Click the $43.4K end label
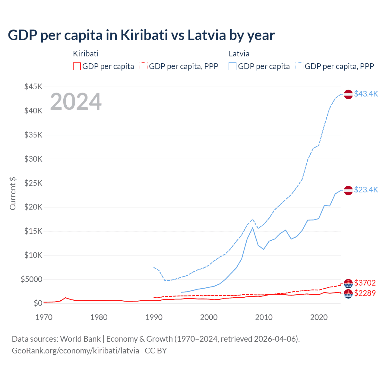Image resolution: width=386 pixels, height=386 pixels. (x=366, y=94)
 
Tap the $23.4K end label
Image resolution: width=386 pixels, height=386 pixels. (x=366, y=190)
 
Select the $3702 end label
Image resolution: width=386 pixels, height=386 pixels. (x=365, y=283)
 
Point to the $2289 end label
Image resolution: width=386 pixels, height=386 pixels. (x=365, y=293)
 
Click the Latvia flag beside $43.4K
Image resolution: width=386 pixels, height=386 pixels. (x=348, y=94)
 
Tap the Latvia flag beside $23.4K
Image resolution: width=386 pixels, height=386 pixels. (x=348, y=190)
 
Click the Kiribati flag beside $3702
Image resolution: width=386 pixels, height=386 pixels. (x=348, y=283)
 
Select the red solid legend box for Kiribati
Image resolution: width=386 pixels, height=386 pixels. (x=77, y=66)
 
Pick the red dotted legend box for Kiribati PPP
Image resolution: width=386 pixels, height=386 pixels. (x=144, y=66)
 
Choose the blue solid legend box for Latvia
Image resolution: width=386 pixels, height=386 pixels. (x=233, y=66)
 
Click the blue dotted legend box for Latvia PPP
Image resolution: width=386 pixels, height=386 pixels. (x=299, y=66)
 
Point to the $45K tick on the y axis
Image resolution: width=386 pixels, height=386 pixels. (x=33, y=87)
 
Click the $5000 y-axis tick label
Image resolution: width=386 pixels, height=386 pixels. (x=31, y=279)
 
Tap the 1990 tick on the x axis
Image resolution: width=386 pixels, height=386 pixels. (x=154, y=317)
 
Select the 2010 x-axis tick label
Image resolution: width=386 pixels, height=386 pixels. (x=264, y=317)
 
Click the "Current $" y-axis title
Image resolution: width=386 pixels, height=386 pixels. (x=13, y=194)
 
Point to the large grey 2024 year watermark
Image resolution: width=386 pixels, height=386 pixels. (x=76, y=102)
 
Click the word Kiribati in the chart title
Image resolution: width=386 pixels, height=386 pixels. (x=144, y=35)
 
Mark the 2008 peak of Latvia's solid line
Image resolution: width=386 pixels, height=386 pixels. (x=253, y=228)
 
